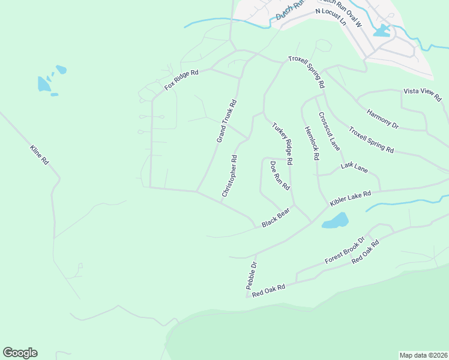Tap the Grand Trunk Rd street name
(x=227, y=121)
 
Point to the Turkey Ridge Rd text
(x=282, y=144)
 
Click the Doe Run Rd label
(x=280, y=175)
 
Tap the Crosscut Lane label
(x=329, y=131)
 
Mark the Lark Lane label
(x=354, y=167)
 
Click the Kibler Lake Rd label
(x=350, y=199)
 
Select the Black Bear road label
(x=276, y=217)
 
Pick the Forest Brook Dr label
(x=345, y=251)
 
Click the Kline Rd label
(x=38, y=155)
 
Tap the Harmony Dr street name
(x=382, y=118)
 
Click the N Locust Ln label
(x=331, y=16)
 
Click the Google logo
(x=20, y=353)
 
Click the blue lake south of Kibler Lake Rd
(x=336, y=221)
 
